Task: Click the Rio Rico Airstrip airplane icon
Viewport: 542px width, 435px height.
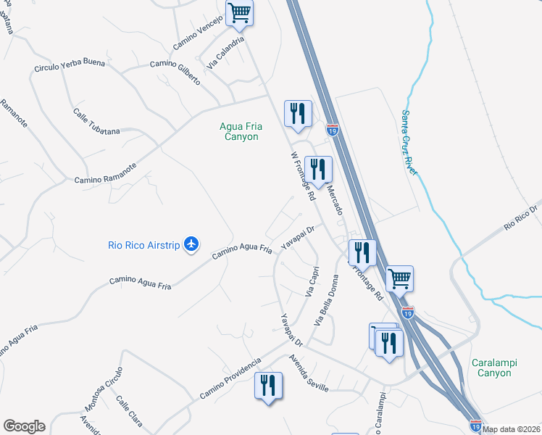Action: coord(191,244)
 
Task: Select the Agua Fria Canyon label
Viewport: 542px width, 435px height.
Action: coord(240,131)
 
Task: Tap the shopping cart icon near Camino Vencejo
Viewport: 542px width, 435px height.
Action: coord(239,12)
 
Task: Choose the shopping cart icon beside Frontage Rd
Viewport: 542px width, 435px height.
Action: coord(399,278)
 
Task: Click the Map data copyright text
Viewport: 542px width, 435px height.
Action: coord(512,429)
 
